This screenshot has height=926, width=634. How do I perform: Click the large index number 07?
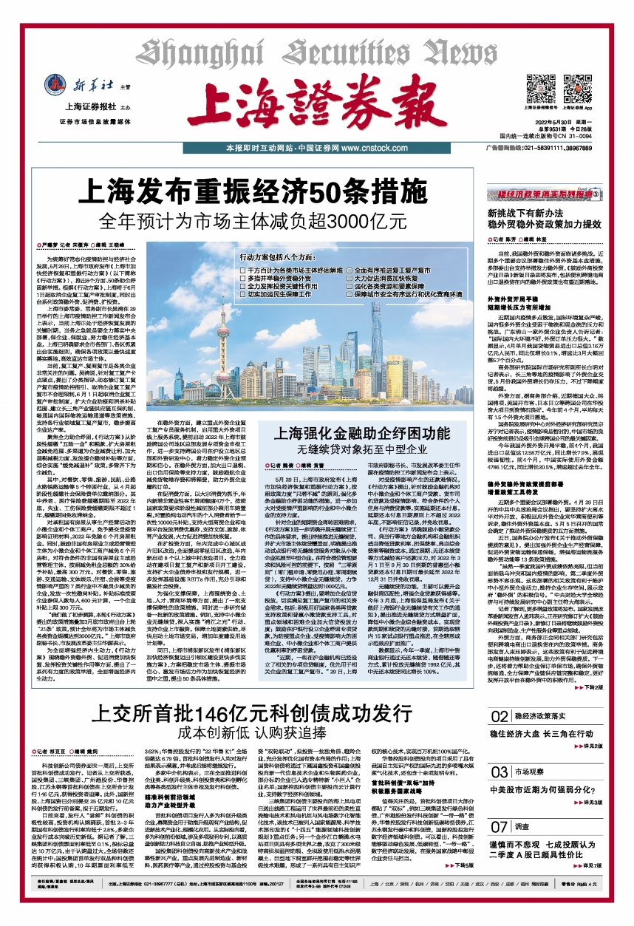(x=500, y=823)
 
